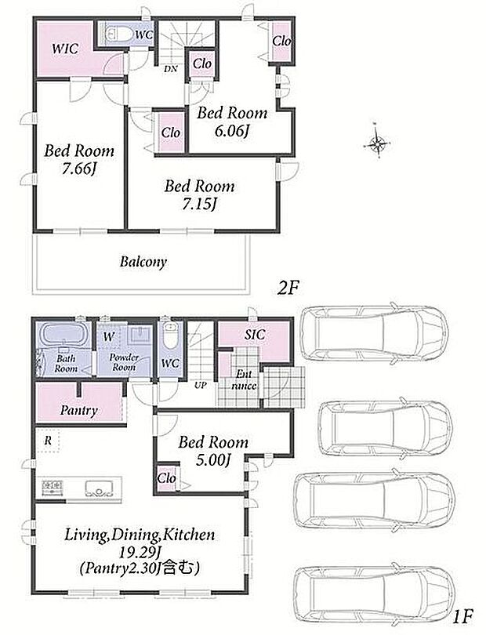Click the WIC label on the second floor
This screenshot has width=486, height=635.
65,49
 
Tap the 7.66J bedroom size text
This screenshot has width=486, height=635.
78,169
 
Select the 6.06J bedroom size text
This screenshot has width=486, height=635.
231,131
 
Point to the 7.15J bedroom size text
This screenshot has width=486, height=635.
198,205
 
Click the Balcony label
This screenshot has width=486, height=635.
143,262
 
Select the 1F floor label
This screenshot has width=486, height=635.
462,617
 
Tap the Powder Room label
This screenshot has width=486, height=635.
124,362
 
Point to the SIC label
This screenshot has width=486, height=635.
255,335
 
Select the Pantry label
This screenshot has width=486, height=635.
79,411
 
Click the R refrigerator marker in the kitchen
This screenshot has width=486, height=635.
48,441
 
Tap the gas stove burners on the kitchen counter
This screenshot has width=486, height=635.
52,487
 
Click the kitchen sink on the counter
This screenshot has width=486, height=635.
98,488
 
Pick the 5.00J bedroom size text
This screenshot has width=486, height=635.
213,460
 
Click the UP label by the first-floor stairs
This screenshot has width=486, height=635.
201,386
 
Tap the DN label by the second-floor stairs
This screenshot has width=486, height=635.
171,69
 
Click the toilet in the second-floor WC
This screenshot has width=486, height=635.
117,34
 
